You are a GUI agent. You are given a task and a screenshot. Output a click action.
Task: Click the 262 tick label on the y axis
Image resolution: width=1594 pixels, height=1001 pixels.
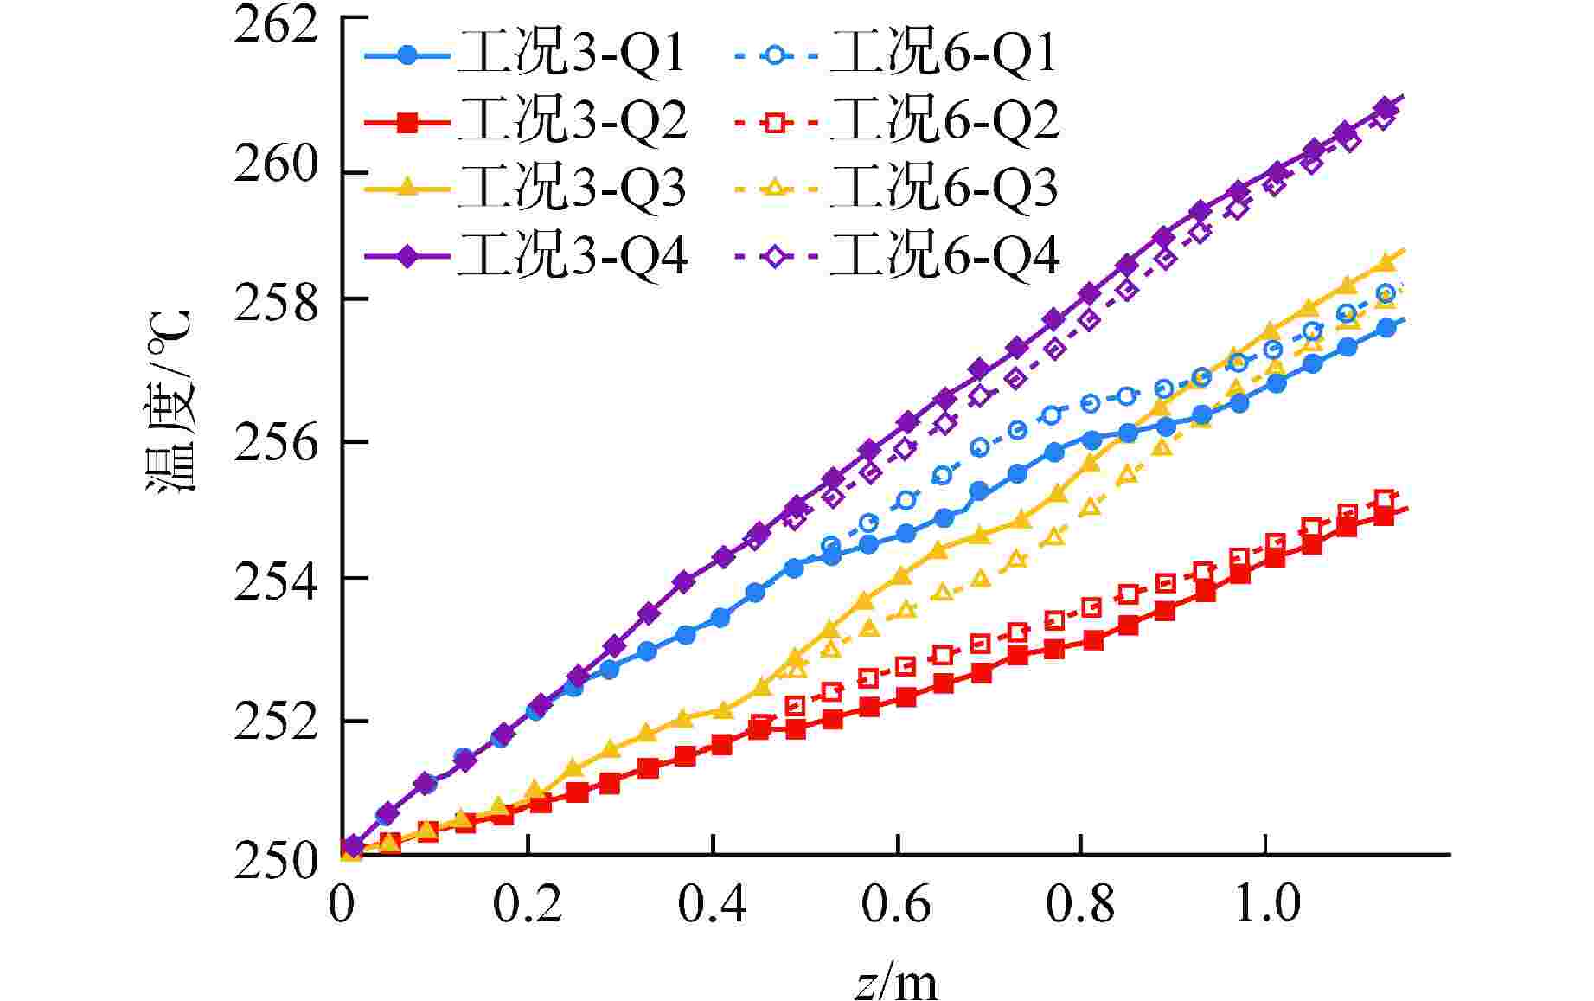[276, 26]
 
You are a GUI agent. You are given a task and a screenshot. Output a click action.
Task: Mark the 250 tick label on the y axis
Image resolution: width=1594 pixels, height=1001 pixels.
[276, 862]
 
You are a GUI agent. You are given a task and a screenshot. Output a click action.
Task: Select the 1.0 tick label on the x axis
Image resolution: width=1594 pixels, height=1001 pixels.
[1266, 904]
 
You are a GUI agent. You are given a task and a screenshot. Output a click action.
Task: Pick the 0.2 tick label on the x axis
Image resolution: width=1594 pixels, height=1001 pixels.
[528, 904]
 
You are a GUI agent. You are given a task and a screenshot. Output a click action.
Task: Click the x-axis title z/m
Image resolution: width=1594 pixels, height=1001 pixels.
[896, 981]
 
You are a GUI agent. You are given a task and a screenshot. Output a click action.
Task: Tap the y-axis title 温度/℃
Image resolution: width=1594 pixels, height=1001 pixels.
[170, 401]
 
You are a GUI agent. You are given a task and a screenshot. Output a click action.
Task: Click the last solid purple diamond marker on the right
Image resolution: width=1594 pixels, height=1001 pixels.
[1386, 107]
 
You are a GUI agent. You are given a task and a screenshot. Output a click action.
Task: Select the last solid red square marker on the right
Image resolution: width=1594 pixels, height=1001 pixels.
[1384, 516]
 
